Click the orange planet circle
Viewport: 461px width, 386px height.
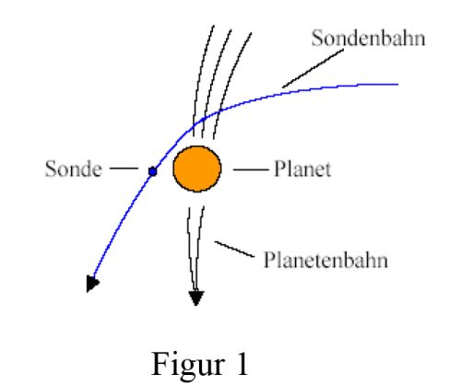click(197, 169)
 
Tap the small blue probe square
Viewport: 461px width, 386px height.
click(153, 171)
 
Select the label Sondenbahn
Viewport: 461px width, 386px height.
click(368, 39)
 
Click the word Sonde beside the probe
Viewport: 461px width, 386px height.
click(74, 169)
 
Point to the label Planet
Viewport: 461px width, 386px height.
click(302, 169)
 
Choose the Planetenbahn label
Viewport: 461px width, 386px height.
click(325, 260)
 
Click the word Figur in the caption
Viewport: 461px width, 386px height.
click(188, 365)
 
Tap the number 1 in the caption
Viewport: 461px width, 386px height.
click(242, 364)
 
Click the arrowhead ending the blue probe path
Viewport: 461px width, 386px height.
click(92, 284)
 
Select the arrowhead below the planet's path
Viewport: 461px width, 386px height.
click(196, 298)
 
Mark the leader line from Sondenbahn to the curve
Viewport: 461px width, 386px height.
click(313, 69)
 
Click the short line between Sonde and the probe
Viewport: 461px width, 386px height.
click(124, 169)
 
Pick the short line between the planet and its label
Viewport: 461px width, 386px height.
click(250, 170)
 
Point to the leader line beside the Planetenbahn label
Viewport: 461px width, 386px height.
click(234, 249)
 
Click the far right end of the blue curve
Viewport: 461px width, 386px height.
click(398, 84)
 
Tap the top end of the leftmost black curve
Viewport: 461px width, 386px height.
click(214, 26)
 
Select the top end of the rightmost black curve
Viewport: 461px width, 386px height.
click(252, 33)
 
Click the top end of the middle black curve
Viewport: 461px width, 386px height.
click(231, 29)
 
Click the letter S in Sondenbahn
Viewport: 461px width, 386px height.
click(317, 39)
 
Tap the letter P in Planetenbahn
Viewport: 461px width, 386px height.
click(269, 260)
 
